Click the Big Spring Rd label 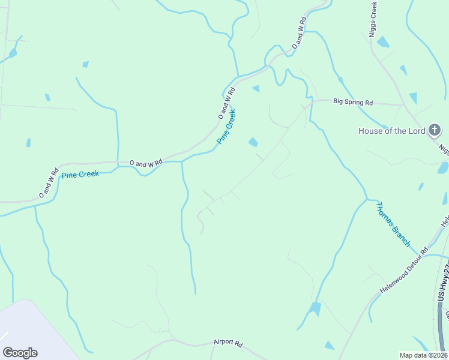[353, 103]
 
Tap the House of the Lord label [391, 131]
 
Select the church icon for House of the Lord [435, 130]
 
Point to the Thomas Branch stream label [393, 224]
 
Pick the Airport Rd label [228, 343]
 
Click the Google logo [20, 353]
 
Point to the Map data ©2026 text [423, 355]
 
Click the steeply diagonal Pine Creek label [226, 126]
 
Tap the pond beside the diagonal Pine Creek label [253, 142]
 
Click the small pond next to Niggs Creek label [382, 43]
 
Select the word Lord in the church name [416, 131]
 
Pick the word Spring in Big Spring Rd [354, 103]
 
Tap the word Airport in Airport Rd [223, 343]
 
